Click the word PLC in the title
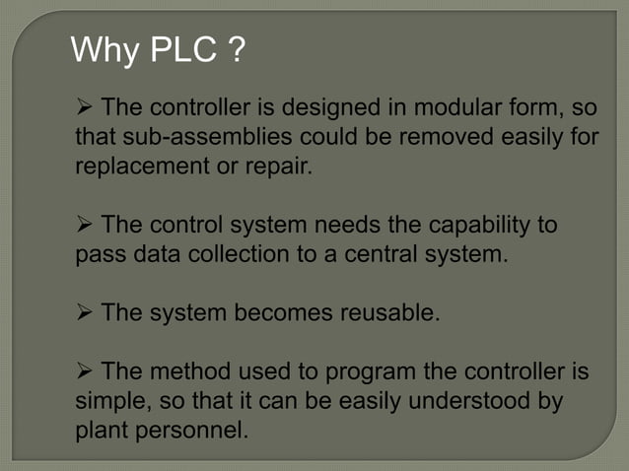pos(182,48)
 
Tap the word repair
pos(279,165)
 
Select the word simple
pos(107,402)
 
